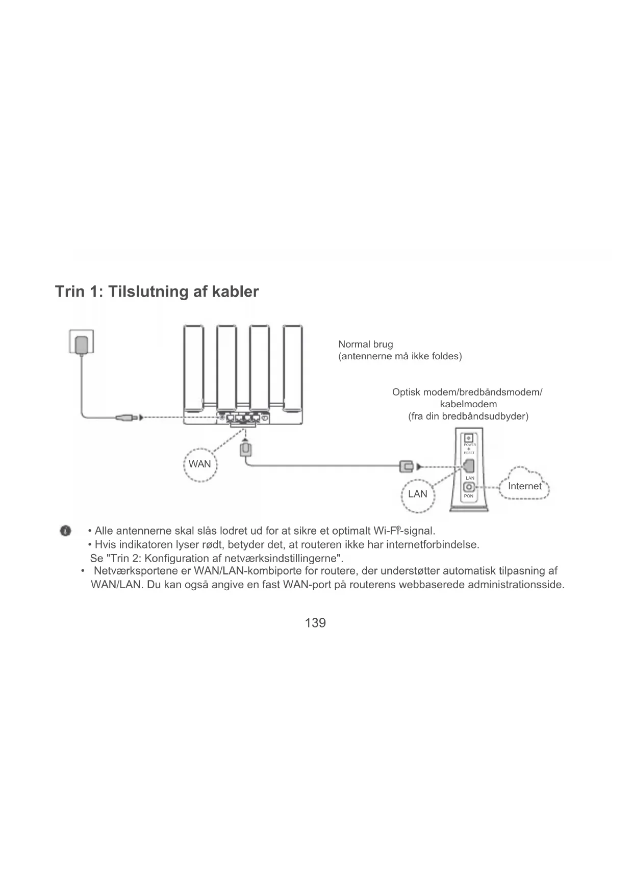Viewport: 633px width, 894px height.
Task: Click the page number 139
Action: [315, 623]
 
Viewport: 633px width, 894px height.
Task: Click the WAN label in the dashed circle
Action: [199, 464]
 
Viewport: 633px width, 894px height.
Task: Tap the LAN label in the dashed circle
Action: [418, 494]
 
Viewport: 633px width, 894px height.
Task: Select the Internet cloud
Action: [524, 486]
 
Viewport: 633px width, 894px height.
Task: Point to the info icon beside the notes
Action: [65, 531]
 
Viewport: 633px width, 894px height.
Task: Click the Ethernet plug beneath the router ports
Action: [245, 450]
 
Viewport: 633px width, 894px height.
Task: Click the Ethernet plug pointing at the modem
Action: [406, 466]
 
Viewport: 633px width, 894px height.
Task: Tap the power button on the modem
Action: [469, 438]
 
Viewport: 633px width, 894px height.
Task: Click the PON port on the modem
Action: [468, 488]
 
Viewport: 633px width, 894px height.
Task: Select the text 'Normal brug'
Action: [366, 344]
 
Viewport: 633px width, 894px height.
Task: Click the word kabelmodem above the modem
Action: [468, 404]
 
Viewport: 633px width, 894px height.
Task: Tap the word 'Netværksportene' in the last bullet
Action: [136, 571]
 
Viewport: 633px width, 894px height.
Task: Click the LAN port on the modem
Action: [469, 466]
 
